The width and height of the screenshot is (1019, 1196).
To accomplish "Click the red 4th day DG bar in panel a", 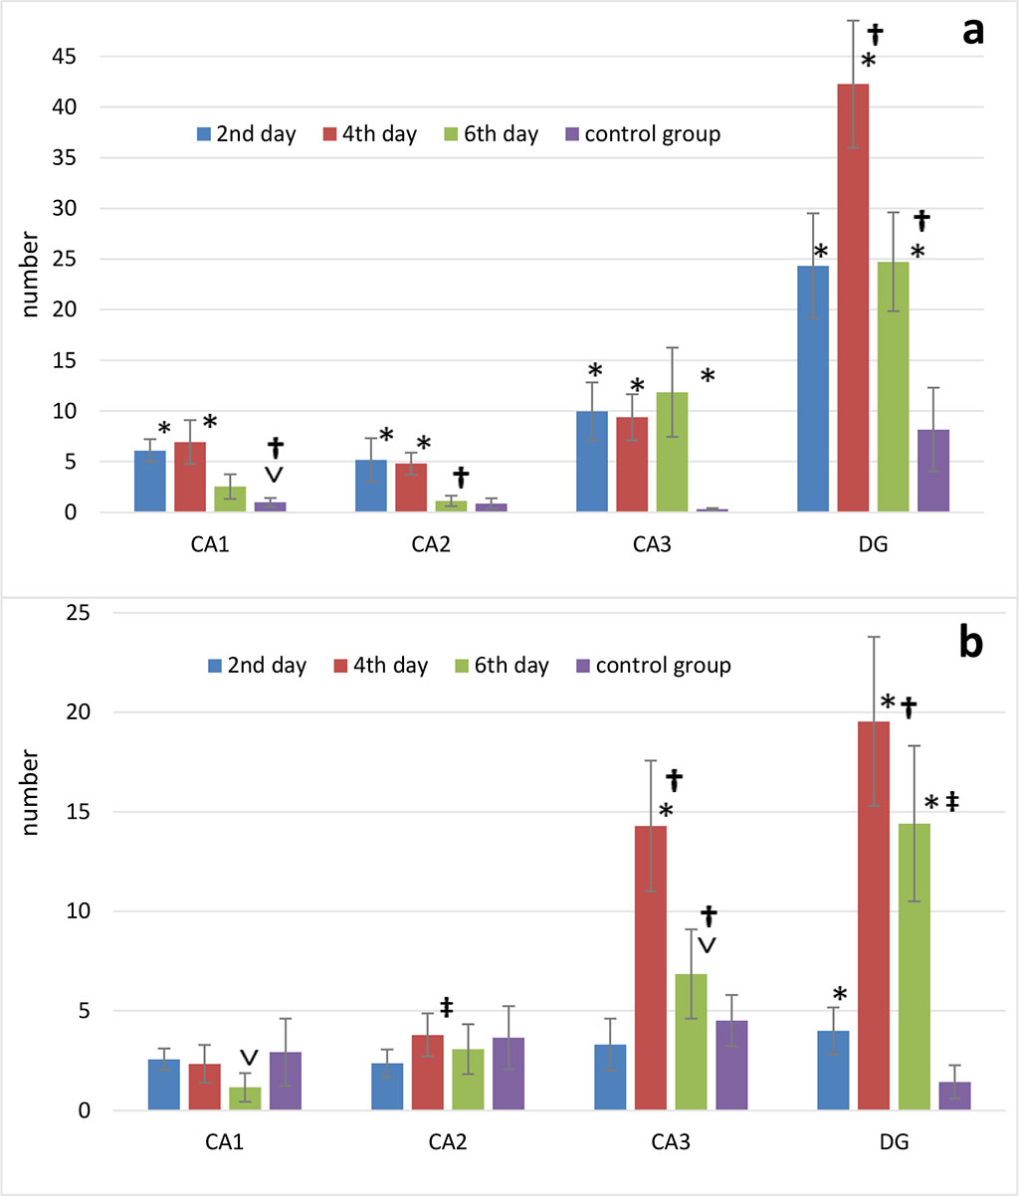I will pos(853,299).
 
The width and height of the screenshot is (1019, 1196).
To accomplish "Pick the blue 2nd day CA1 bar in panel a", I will pos(150,482).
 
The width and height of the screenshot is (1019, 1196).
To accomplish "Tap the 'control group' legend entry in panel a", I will pos(642,134).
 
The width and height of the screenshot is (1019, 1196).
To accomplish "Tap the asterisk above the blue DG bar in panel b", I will pos(840,994).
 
